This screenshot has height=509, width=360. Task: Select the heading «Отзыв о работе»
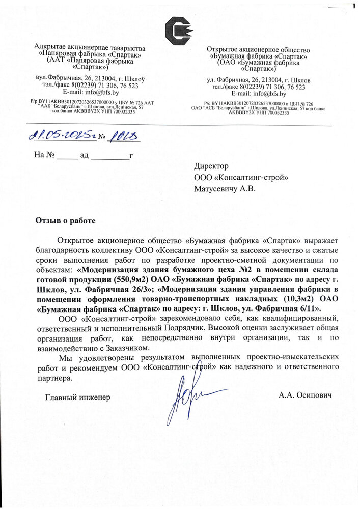(65, 220)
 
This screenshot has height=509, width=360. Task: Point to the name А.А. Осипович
(305, 395)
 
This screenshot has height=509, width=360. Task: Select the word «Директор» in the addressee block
(211, 166)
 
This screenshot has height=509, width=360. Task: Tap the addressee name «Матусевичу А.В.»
(224, 189)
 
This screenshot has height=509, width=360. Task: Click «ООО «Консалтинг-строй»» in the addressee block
(241, 177)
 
